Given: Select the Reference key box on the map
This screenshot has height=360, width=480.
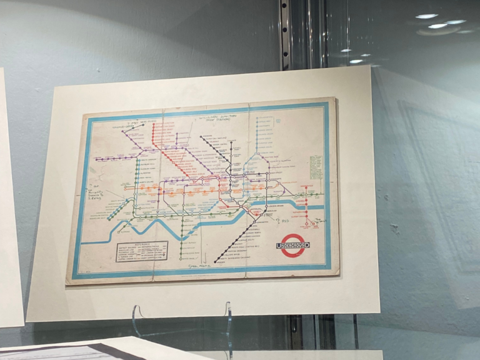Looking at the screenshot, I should click(141, 251).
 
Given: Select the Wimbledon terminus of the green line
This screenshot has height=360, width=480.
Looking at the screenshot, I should click(181, 258).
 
